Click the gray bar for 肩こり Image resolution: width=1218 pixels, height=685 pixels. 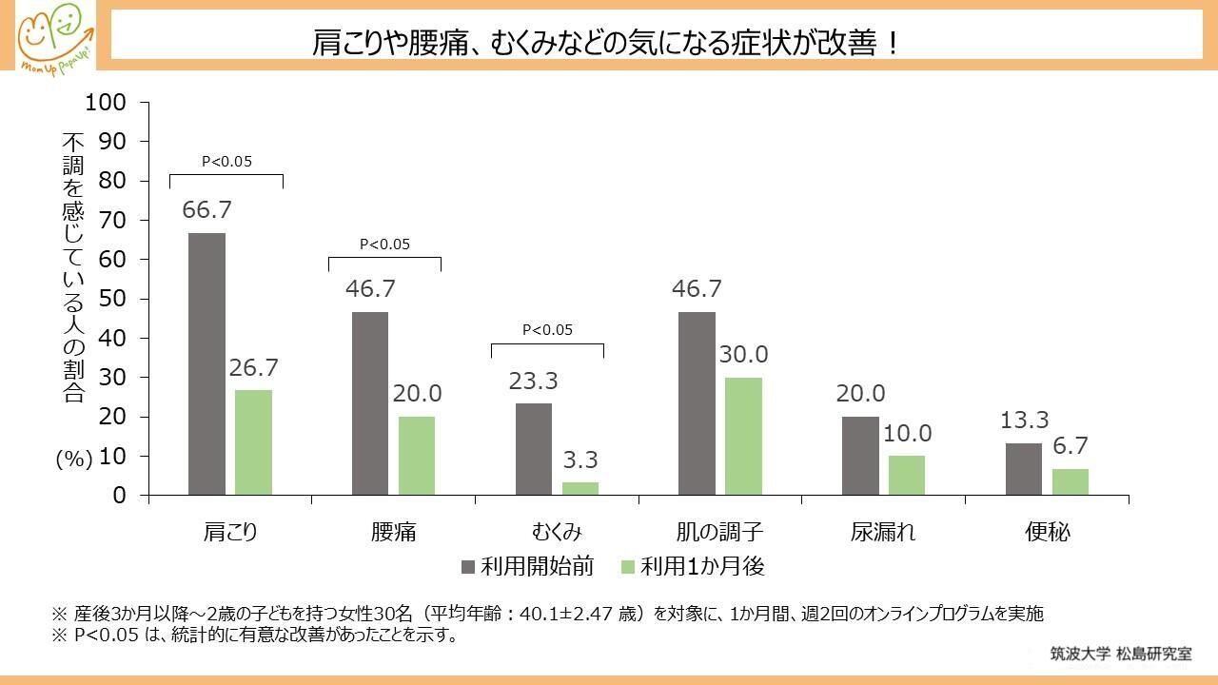(x=206, y=364)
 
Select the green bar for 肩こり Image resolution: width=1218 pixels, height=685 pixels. (x=253, y=442)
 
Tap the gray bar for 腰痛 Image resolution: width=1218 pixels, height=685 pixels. (x=370, y=403)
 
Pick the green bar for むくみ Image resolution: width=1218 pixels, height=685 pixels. (x=580, y=488)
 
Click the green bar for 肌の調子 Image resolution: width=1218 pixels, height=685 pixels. (x=744, y=436)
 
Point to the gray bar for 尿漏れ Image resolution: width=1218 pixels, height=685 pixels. (x=860, y=456)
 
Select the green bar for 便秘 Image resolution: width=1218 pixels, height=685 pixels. (x=1071, y=481)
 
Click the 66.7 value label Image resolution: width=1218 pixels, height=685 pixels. (x=206, y=210)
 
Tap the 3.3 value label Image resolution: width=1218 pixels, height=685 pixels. (x=580, y=460)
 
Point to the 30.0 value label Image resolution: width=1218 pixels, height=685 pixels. (x=744, y=355)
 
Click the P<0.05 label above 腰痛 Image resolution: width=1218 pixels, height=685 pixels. (x=384, y=245)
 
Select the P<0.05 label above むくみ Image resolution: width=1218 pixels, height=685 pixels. (x=547, y=330)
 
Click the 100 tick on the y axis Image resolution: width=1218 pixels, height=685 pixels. (x=106, y=102)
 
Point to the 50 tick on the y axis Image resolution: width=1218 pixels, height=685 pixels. (x=112, y=299)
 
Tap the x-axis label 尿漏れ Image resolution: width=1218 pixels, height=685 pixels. (x=883, y=532)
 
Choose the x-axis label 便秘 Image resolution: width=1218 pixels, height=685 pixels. (x=1047, y=532)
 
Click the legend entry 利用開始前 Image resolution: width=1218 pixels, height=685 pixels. (x=528, y=567)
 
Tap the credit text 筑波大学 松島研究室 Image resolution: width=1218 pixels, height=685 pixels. (x=1120, y=654)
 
